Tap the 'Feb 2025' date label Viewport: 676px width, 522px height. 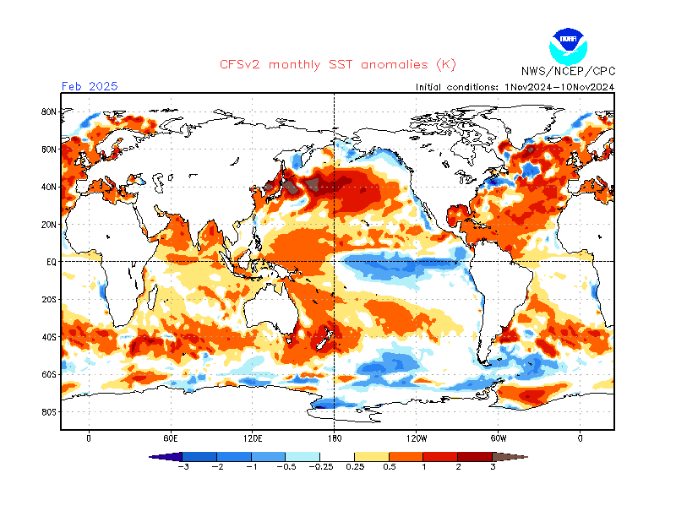90,86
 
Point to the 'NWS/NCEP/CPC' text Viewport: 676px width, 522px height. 567,73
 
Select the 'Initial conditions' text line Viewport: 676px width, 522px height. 515,87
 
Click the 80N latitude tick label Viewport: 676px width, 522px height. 49,111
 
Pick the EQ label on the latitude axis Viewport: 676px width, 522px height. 51,262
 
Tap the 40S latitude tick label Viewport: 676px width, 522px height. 49,337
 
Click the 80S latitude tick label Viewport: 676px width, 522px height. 49,412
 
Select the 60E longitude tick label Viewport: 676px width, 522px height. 170,438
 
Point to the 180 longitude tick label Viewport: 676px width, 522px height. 334,438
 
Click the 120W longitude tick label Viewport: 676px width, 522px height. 416,438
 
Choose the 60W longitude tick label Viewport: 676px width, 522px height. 498,438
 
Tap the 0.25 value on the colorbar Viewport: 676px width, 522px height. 355,467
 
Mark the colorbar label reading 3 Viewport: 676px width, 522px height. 493,467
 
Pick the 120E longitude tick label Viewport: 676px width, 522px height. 252,438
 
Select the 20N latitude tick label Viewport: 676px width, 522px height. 49,225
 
